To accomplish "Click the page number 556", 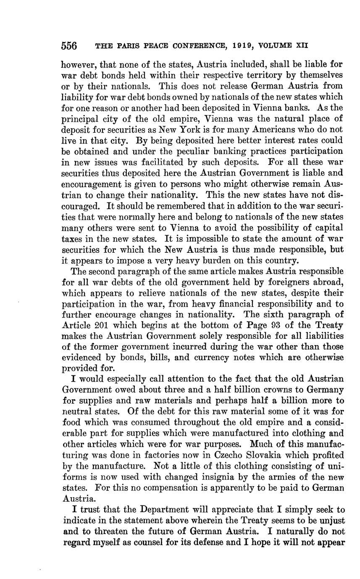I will pos(69,45).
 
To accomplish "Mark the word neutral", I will pos(77,412).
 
